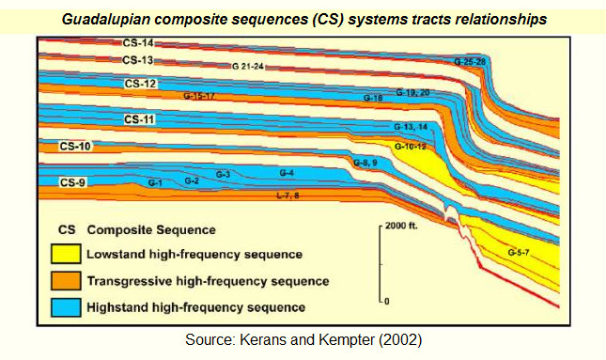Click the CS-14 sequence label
coord(137,42)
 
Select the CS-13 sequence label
coord(137,60)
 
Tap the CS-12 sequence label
coord(140,84)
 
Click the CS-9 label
coord(72,181)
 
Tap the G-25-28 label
coord(470,61)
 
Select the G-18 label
coord(372,98)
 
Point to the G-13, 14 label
coord(411,126)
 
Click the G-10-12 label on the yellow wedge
coord(411,147)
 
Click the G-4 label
coord(287,173)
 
